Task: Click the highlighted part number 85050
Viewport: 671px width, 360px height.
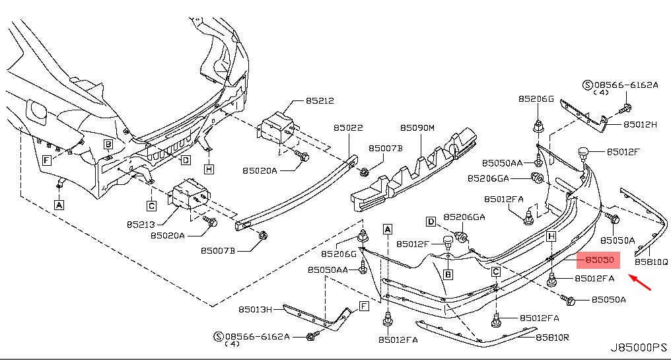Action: click(597, 261)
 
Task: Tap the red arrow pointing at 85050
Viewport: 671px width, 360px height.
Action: click(641, 282)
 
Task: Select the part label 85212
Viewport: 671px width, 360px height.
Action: click(319, 101)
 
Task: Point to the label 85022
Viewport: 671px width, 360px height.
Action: click(347, 127)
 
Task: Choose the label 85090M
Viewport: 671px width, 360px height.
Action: click(417, 127)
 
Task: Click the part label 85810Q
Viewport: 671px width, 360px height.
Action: click(651, 262)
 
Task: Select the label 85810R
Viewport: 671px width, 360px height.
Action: click(552, 338)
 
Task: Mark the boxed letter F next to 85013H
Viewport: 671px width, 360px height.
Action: click(363, 305)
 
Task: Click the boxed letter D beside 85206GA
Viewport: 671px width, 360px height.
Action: click(431, 221)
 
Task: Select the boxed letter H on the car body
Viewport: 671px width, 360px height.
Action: click(209, 170)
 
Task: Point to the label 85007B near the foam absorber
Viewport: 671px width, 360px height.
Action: click(385, 149)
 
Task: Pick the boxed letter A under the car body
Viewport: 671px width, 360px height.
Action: click(59, 205)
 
